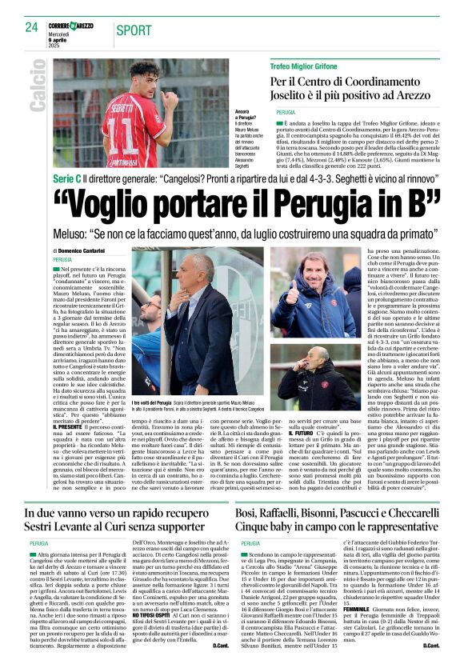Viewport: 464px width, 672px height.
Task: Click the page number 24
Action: pos(32,26)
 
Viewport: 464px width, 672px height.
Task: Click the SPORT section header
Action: pos(134,30)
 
